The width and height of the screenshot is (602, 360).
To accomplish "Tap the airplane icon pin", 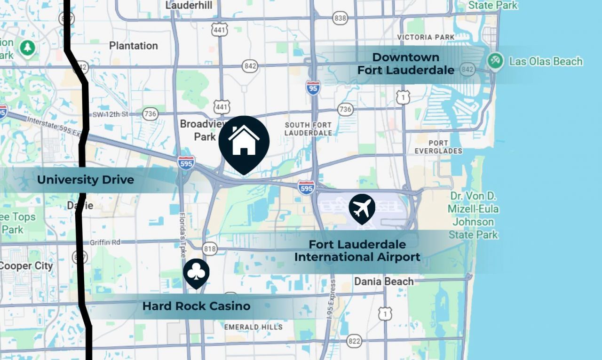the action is click(362, 208).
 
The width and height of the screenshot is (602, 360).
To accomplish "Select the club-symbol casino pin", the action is click(196, 272).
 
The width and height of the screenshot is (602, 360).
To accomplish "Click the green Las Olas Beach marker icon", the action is click(495, 61).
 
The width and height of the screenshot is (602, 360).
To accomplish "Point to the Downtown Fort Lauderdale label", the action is click(405, 64).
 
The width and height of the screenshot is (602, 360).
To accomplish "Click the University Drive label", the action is click(86, 180).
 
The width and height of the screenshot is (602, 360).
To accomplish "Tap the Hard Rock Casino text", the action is click(196, 306).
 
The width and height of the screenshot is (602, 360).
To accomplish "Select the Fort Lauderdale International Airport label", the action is click(357, 251).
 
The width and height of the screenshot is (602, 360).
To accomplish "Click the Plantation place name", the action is click(134, 46).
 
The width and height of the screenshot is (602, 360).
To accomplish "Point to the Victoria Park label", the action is click(426, 37).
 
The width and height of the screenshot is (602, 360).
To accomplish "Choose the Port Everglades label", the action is click(438, 147).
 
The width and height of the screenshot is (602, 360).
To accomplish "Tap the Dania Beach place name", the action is click(384, 281).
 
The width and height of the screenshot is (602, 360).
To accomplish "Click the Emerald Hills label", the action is click(253, 327).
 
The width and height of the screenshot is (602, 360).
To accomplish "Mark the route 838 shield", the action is click(340, 18).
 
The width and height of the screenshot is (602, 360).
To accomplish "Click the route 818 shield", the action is click(209, 248).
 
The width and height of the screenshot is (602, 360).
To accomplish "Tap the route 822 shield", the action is click(354, 340).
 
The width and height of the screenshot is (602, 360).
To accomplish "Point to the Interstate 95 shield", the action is click(313, 88).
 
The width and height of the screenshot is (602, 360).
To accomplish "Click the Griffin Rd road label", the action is click(105, 242).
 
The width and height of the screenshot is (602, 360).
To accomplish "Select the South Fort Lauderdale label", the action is click(308, 129).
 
